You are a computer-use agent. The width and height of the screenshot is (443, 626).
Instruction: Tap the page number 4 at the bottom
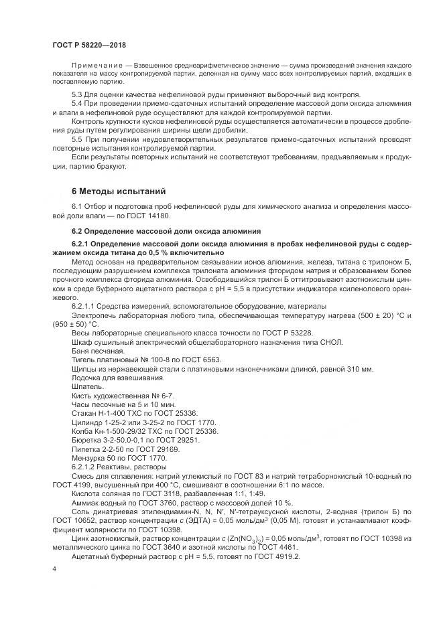pos(54,568)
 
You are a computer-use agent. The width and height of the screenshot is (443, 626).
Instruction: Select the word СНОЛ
pos(330,341)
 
